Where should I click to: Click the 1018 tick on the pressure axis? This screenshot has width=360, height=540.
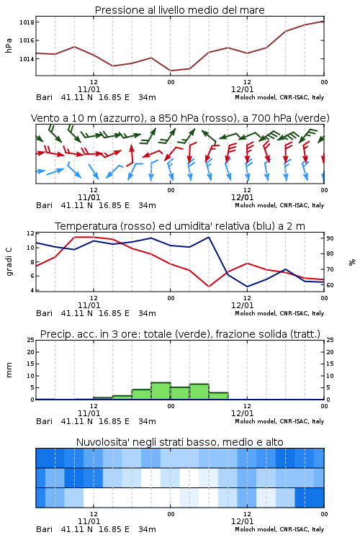[27, 22]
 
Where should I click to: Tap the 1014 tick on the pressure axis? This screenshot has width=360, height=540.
[27, 59]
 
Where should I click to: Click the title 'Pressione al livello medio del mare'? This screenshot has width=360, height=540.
[180, 10]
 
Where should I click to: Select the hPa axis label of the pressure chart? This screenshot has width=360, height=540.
[9, 45]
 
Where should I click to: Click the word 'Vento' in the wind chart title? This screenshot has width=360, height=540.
[42, 118]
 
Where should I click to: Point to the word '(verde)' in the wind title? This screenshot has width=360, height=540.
[312, 118]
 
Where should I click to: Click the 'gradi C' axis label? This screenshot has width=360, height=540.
[9, 261]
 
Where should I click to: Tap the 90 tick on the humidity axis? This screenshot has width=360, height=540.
[330, 238]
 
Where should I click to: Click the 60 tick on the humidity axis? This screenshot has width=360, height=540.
[330, 285]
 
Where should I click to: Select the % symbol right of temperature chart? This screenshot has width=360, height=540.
[352, 262]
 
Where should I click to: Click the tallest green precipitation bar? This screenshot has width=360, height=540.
[161, 391]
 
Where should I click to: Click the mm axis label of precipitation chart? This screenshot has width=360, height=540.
[9, 370]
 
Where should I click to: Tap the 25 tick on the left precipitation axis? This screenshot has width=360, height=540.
[31, 340]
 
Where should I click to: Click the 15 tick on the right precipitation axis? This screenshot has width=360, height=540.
[330, 364]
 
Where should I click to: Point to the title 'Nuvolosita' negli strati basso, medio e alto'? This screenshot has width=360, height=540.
[180, 442]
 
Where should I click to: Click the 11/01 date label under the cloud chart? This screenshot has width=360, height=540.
[89, 521]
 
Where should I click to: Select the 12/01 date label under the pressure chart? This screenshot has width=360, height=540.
[242, 89]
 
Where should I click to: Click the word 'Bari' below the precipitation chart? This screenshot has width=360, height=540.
[44, 421]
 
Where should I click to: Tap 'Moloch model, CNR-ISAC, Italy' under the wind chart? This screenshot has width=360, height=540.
[279, 205]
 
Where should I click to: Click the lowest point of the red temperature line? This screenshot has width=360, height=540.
[209, 286]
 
